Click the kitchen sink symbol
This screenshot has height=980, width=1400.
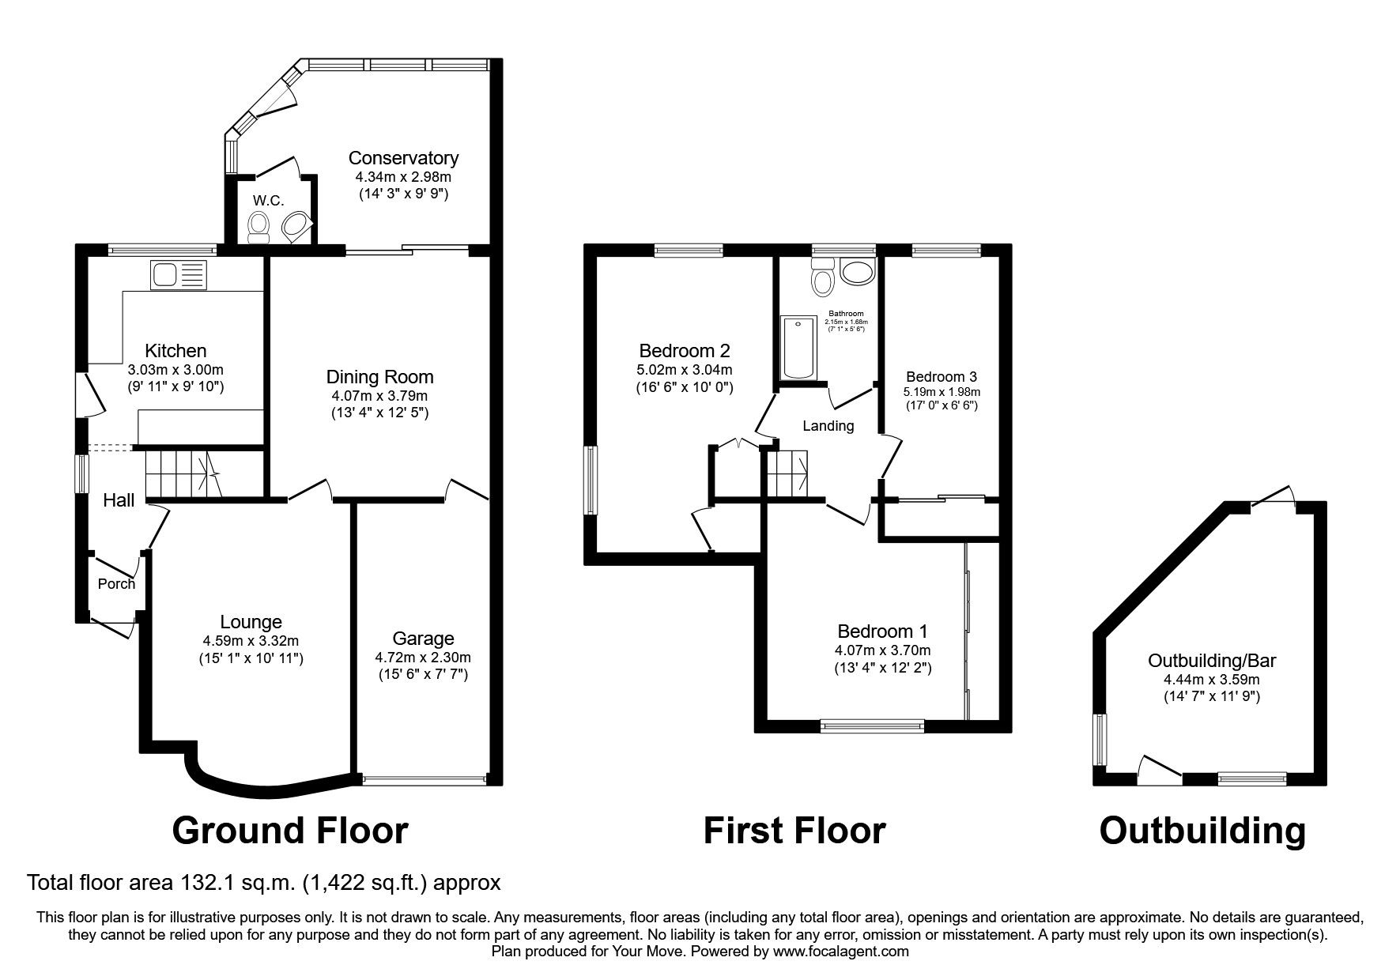178,275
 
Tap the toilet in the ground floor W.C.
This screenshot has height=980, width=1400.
258,225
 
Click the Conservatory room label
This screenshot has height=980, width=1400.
403,158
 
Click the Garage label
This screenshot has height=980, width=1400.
423,639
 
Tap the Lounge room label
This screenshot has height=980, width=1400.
251,622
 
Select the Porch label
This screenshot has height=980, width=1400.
116,584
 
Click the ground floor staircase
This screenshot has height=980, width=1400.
182,473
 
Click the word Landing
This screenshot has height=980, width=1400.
828,426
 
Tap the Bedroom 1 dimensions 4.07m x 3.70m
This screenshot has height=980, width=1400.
882,650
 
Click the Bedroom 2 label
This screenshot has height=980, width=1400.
684,350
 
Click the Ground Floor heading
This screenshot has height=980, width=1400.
289,831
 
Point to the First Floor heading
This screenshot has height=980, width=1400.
794,831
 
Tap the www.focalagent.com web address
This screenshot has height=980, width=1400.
840,952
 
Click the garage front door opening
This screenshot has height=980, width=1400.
423,780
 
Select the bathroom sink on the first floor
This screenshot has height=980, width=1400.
857,273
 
